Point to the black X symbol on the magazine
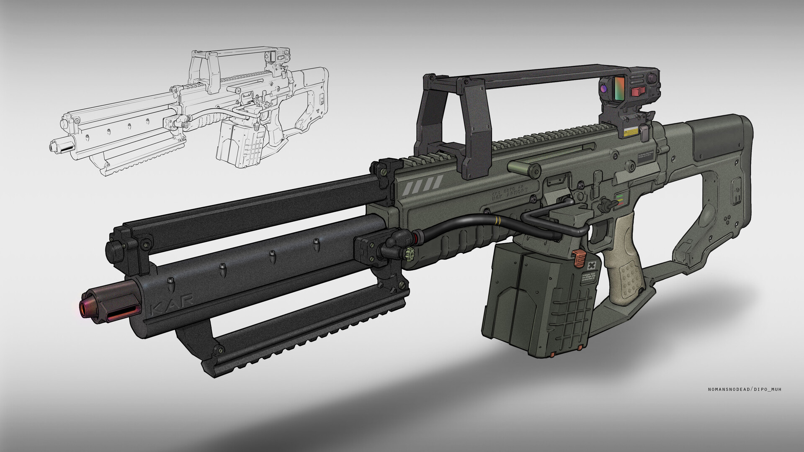tap(591, 266)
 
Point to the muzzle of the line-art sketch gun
tap(54, 146)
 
